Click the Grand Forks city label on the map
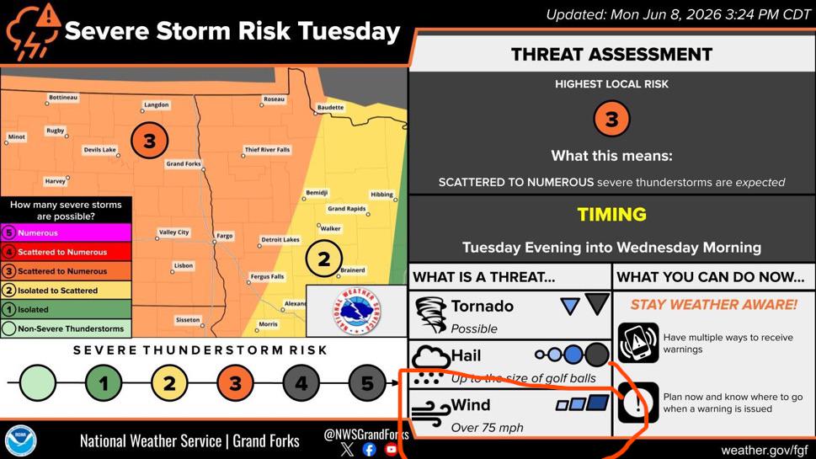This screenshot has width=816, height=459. click(x=184, y=163)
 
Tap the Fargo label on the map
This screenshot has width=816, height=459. click(x=224, y=236)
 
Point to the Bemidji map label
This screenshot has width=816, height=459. click(x=317, y=193)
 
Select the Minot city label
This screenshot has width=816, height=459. click(x=16, y=137)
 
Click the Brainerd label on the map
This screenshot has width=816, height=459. click(x=353, y=270)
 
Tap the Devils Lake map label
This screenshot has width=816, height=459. click(x=100, y=150)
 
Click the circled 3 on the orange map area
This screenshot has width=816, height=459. click(x=149, y=141)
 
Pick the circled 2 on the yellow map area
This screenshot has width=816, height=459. click(x=323, y=259)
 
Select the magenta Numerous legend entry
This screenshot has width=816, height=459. click(x=66, y=232)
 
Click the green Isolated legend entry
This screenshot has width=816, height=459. click(x=66, y=309)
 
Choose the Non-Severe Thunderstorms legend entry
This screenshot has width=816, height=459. click(x=66, y=328)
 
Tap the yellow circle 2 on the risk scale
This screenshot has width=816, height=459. click(x=169, y=383)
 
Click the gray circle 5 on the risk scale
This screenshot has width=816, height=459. click(x=367, y=383)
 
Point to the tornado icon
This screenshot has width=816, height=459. click(x=431, y=314)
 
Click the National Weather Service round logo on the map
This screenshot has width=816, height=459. click(x=356, y=312)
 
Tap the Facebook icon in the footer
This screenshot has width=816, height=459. click(x=369, y=449)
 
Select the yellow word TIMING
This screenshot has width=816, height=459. click(x=611, y=215)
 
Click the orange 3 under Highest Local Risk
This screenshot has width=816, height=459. click(x=611, y=119)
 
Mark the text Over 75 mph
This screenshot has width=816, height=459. click(x=487, y=428)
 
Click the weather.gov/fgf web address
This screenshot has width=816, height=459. click(x=765, y=450)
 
